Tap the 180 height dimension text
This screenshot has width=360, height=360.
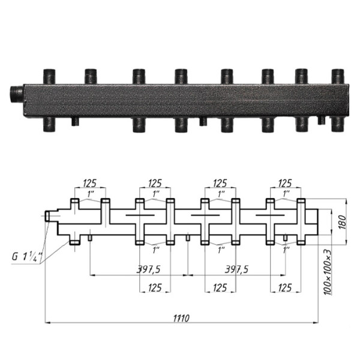[x=342, y=222]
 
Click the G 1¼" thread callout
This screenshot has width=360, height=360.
[x=28, y=256]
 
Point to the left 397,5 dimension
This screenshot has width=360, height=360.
[x=148, y=269]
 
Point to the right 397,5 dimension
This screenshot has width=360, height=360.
[x=236, y=269]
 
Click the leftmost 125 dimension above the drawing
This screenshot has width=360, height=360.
[x=90, y=183]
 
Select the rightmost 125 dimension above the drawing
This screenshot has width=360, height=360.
[x=285, y=183]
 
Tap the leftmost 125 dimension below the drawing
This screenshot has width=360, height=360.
[x=155, y=287]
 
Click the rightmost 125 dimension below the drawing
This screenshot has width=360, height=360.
[x=285, y=287]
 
